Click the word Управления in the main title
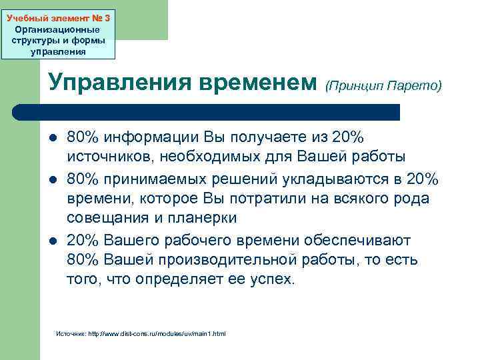(x=119, y=83)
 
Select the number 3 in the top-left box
(x=107, y=19)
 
